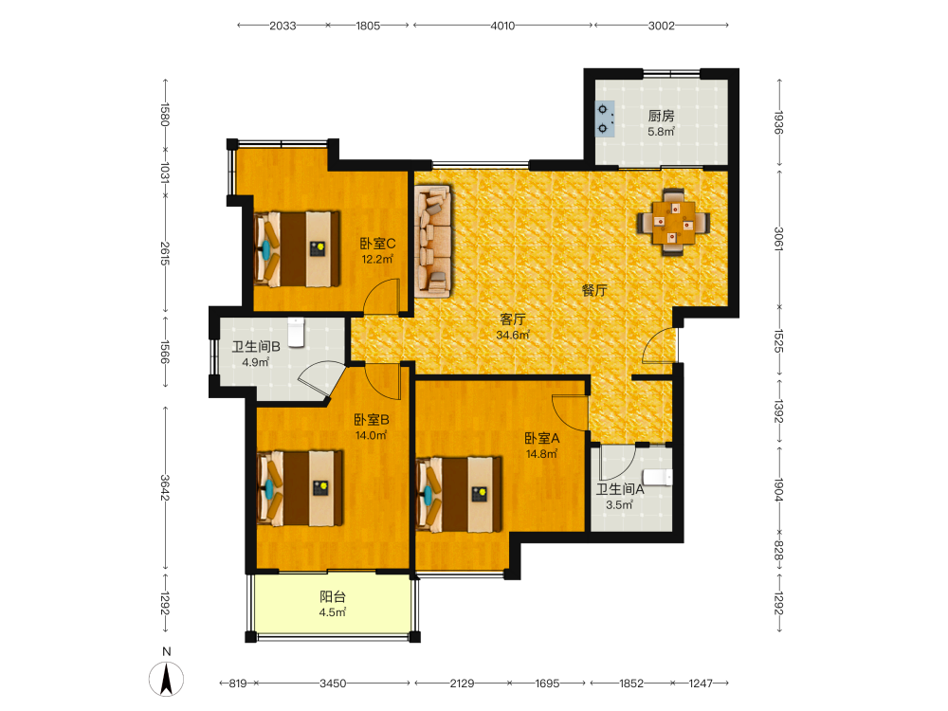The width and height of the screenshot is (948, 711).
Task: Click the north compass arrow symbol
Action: (x=166, y=679)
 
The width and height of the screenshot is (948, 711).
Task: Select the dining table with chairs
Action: (x=673, y=222)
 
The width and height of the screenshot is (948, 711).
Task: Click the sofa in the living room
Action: (x=433, y=241)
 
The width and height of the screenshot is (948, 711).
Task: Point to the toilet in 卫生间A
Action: (x=657, y=477)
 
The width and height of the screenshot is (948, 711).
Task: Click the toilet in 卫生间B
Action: (x=296, y=332)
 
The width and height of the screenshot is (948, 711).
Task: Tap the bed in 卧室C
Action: (x=297, y=248)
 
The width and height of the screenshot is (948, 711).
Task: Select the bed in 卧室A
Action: (x=460, y=494)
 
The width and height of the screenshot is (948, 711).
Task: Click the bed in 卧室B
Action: (x=300, y=487)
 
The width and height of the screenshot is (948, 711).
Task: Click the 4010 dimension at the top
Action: (x=502, y=26)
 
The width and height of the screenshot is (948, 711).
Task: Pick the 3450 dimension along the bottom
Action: (x=333, y=684)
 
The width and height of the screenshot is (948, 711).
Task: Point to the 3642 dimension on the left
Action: (x=165, y=487)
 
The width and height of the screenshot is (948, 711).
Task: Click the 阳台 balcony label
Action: (x=333, y=596)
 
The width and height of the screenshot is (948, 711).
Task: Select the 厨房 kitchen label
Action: (x=661, y=116)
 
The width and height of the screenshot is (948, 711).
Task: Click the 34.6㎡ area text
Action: (x=513, y=335)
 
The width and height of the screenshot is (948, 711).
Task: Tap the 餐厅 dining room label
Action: (x=594, y=290)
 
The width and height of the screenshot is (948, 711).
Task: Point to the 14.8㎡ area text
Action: (x=541, y=453)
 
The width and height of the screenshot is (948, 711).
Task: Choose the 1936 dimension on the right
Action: (x=778, y=122)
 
